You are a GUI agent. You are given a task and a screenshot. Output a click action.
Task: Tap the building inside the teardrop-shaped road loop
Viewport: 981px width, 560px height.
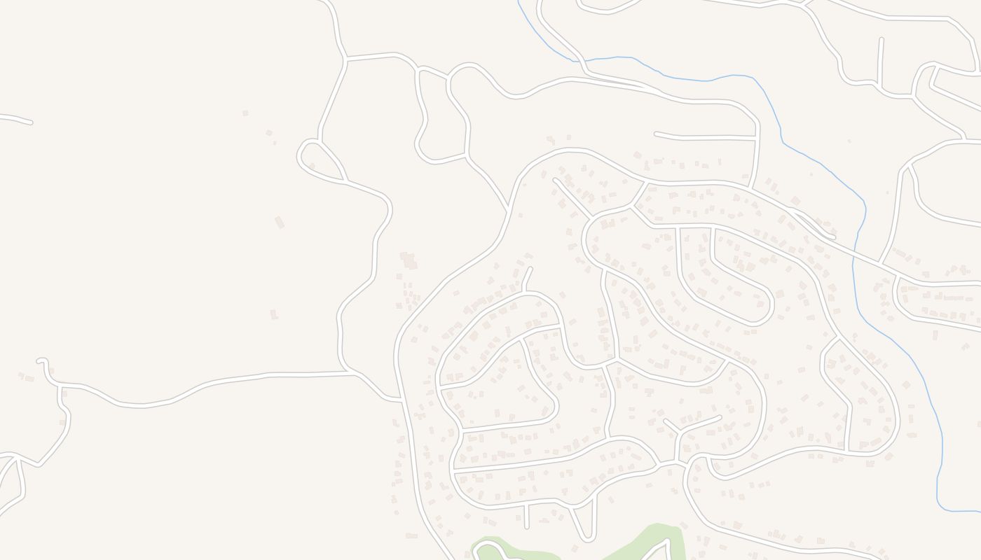pos(311,166)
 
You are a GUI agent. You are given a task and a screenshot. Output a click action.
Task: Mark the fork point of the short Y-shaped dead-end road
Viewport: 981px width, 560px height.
pos(678,433)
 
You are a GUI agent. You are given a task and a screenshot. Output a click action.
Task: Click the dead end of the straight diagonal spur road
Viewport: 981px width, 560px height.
pos(555,180)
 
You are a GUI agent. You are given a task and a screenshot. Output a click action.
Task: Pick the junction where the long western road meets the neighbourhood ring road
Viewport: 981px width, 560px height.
pos(402,399)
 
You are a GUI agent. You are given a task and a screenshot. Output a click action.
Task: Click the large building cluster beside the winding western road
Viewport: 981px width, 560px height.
pos(408,260)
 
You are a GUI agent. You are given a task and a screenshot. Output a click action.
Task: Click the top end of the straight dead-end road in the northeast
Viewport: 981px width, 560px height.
pos(881,40)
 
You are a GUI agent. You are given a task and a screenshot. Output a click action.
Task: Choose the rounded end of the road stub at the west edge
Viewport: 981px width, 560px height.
pos(30,122)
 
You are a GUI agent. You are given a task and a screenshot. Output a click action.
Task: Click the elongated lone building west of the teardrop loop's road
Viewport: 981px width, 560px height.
pos(280,222)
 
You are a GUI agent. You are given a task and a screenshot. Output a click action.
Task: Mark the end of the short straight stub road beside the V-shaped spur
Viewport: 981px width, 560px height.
pos(526,526)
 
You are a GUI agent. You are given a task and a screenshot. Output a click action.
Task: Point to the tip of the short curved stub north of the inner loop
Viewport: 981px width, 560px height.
pos(530,268)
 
